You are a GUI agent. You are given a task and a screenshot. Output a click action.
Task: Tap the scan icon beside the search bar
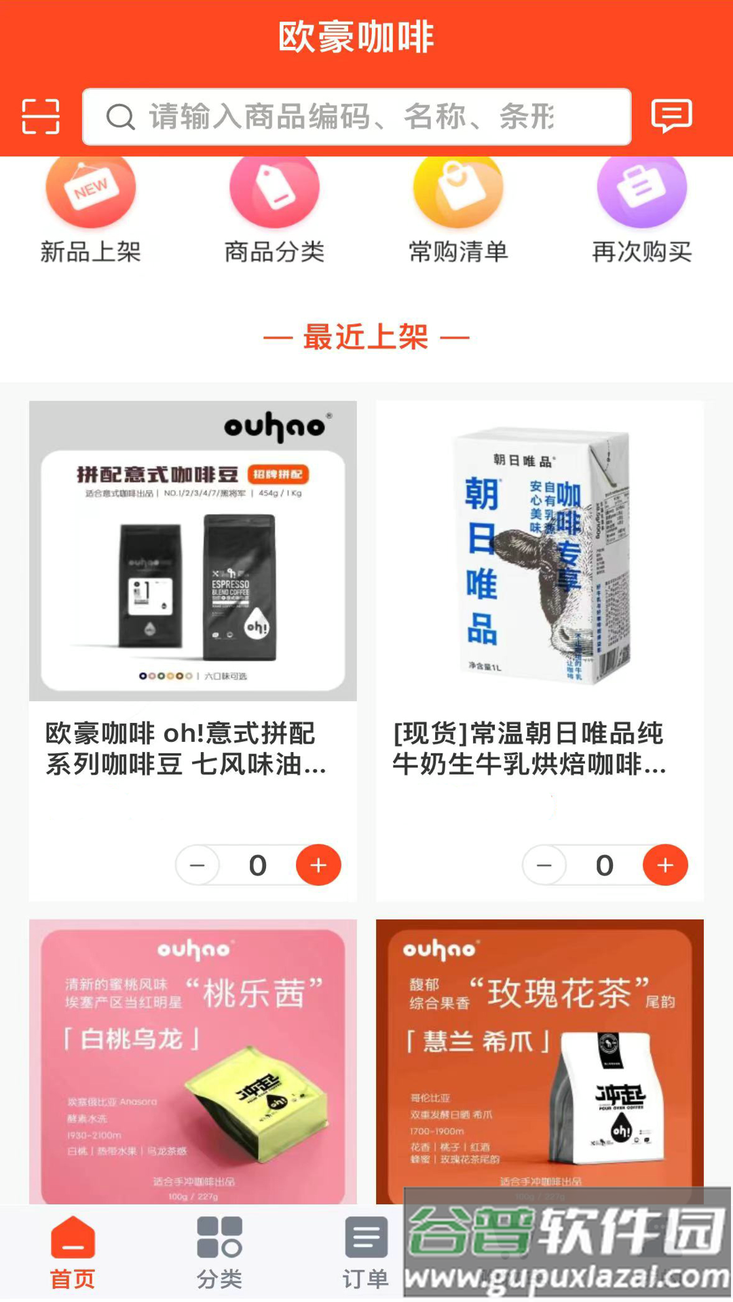tap(41, 117)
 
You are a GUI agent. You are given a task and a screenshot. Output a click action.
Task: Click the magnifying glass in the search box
tap(121, 117)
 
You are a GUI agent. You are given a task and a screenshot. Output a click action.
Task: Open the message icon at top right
tap(671, 115)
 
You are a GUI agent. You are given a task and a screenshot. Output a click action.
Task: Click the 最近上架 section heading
tap(366, 337)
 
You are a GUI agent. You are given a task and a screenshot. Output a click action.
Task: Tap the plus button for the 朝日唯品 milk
tap(665, 865)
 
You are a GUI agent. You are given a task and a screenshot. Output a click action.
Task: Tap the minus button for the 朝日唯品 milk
tap(544, 865)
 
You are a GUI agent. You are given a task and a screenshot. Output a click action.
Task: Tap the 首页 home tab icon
tap(73, 1238)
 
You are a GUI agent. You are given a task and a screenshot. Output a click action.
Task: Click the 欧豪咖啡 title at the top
tap(356, 37)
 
